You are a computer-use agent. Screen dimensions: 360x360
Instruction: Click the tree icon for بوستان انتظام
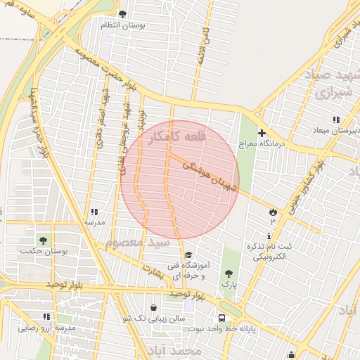pos(123,14)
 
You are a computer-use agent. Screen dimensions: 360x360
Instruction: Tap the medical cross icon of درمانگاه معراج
pos(262,133)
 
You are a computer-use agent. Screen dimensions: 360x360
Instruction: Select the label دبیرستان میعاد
pos(337,131)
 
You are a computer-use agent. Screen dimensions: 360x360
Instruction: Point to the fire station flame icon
pos(273,211)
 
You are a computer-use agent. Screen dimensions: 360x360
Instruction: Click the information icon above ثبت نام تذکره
pos(268,236)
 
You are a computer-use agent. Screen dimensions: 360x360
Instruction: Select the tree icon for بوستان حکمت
pos(44,240)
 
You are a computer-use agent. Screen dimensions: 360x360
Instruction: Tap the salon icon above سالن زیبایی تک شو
pos(154,307)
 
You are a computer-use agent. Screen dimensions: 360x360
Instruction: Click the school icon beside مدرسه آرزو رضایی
pos(46,317)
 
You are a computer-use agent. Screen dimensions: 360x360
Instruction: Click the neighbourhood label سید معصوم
pos(134,242)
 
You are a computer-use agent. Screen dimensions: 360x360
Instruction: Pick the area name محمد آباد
pos(175,349)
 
